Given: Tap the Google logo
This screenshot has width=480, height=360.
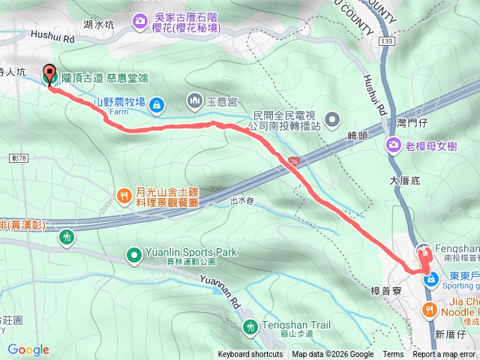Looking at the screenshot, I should coord(28,349).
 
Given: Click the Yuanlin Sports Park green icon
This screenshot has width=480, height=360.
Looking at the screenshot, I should coord(134,255).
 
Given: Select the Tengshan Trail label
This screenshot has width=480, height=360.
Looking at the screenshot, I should coord(296,325).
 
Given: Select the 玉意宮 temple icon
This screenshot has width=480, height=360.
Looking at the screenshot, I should coord(194,100).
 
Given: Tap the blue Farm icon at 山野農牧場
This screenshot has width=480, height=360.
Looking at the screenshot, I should coord(156,105).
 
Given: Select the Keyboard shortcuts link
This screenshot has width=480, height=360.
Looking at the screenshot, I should coord(250,355).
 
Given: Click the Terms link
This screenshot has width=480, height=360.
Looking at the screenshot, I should coord(392,355).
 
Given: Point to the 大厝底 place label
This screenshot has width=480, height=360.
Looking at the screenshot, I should coord(406,181).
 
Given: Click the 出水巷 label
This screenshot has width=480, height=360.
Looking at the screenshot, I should coord(243,200).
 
